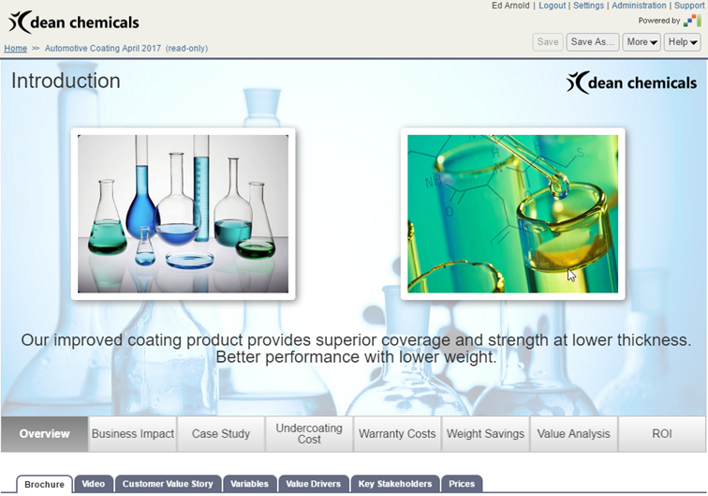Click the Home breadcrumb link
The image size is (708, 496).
[15, 49]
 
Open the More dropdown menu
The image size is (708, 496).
[642, 42]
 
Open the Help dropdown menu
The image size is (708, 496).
[683, 42]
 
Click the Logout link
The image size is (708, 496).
[552, 6]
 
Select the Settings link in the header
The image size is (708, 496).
[588, 6]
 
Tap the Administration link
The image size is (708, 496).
[639, 6]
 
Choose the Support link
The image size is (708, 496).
[689, 6]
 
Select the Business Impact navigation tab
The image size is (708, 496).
[133, 434]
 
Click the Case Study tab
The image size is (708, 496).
[221, 434]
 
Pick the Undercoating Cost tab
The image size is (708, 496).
[309, 434]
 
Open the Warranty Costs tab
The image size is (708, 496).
[397, 434]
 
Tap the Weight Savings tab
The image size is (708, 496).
[485, 434]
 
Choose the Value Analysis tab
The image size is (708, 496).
[573, 434]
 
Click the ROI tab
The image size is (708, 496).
[662, 434]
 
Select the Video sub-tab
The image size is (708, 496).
[94, 484]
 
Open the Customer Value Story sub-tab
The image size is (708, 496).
[168, 484]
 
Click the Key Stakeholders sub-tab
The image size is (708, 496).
[395, 484]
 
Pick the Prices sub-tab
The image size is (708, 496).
[462, 484]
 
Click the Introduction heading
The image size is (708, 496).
[66, 81]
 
